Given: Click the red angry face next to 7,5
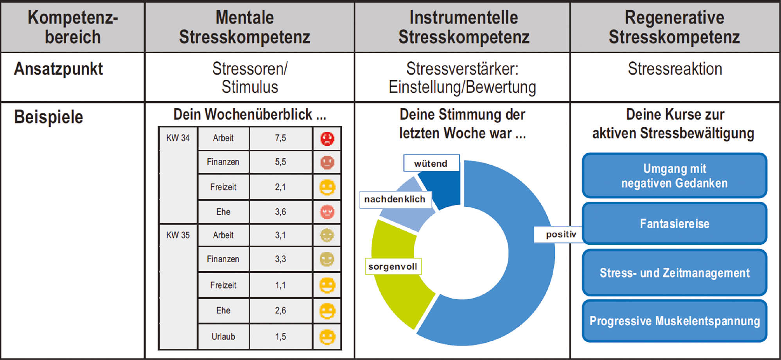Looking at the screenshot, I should [x=327, y=139].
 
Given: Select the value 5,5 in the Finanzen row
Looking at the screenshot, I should [x=280, y=162].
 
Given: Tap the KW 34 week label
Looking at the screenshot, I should [x=178, y=138].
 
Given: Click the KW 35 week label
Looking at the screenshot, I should [x=178, y=235].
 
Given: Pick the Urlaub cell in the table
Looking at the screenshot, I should [x=223, y=337].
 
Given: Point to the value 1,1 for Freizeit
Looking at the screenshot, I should [x=280, y=285].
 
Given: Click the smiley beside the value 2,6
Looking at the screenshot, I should [x=327, y=311].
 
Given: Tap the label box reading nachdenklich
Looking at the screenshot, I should [x=395, y=199].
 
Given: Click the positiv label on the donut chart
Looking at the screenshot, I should [x=561, y=235].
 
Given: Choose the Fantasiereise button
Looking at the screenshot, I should [x=674, y=224].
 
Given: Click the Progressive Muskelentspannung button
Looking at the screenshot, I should [x=674, y=321].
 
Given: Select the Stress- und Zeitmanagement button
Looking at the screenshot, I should [x=674, y=273].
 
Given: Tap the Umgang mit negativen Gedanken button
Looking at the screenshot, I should [x=674, y=176].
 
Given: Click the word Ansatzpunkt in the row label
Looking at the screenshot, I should [x=58, y=69].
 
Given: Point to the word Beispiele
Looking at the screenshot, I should [x=48, y=117].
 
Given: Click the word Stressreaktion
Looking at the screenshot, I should [x=675, y=69].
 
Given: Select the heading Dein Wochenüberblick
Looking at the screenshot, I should [x=250, y=115].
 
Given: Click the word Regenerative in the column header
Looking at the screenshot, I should [x=674, y=18].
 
